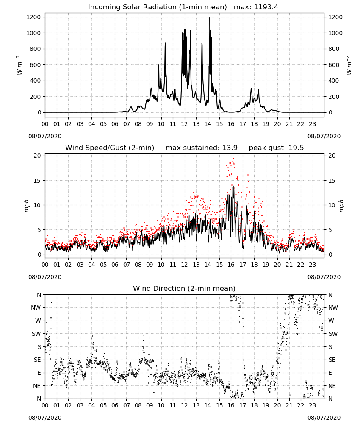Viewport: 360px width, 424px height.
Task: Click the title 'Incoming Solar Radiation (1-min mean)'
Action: click(158, 7)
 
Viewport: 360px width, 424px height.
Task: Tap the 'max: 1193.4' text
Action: click(256, 7)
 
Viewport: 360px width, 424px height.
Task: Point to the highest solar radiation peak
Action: click(210, 18)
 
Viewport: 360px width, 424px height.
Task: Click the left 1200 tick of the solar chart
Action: click(33, 17)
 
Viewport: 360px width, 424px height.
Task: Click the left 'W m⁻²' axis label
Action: click(19, 65)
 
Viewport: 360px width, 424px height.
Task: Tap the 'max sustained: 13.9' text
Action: click(202, 148)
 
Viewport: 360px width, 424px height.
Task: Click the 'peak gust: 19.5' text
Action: click(276, 148)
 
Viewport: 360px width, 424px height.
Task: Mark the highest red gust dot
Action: click(233, 158)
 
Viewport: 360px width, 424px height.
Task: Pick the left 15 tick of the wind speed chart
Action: click(37, 180)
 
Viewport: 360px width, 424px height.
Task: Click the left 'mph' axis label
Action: click(26, 206)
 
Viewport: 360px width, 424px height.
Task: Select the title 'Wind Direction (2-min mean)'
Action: click(184, 288)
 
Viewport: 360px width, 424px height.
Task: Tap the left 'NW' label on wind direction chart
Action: click(36, 307)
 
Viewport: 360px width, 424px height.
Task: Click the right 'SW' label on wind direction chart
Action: click(333, 334)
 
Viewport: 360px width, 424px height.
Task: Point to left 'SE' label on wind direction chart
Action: click(37, 360)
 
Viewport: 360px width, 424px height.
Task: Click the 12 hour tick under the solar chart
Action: click(184, 124)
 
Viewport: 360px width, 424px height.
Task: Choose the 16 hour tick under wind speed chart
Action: click(231, 265)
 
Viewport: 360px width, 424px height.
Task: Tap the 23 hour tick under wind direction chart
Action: click(312, 406)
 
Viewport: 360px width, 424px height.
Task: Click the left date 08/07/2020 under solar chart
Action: click(45, 136)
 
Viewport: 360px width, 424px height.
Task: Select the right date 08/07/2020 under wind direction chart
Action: click(324, 418)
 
